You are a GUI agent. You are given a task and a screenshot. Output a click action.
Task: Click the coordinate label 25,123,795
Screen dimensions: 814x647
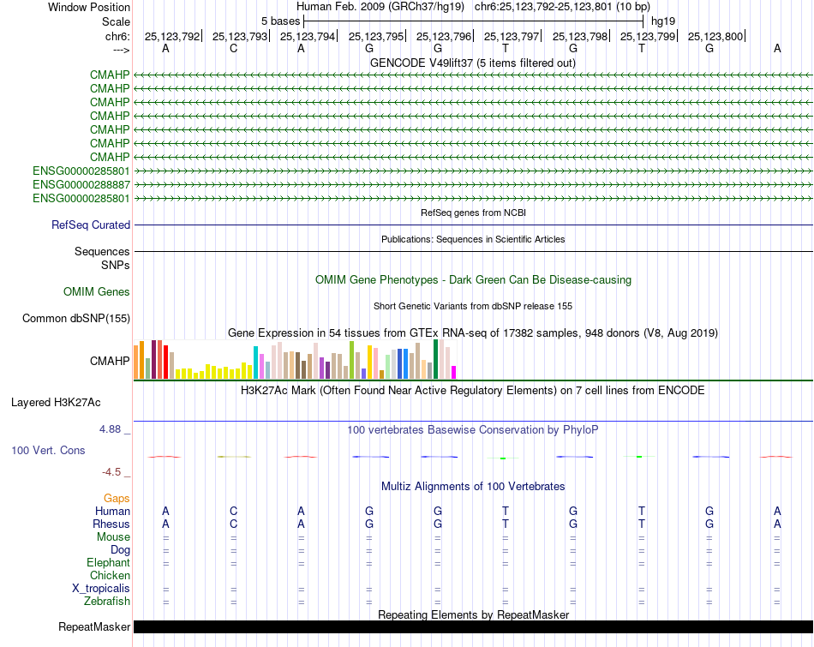point(376,36)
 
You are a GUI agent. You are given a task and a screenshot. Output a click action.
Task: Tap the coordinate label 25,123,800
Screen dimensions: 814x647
point(715,36)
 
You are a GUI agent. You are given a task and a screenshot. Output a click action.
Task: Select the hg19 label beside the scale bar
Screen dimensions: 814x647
point(663,21)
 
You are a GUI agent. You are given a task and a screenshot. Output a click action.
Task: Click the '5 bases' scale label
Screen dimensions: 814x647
point(280,21)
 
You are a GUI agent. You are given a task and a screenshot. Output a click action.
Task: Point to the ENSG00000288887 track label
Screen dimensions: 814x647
point(81,185)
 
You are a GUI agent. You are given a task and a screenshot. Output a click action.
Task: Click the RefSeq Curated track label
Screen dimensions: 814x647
point(91,225)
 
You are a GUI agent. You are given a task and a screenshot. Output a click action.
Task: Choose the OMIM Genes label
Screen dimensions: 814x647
point(97,292)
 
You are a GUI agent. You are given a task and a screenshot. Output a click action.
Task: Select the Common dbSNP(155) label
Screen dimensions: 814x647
point(76,318)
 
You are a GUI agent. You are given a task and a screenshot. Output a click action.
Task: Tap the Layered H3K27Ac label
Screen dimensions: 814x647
point(56,403)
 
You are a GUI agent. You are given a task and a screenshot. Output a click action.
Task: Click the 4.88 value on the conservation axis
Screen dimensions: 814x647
point(110,429)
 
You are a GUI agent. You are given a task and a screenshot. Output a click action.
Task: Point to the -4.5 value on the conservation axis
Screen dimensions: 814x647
point(111,472)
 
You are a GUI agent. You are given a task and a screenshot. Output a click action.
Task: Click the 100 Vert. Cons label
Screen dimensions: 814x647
point(48,450)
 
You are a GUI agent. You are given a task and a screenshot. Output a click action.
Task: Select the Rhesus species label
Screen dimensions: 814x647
point(111,524)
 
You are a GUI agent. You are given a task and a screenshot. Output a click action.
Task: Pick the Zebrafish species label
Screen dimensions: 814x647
point(107,602)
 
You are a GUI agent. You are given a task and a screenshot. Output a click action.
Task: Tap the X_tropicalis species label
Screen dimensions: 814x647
point(101,589)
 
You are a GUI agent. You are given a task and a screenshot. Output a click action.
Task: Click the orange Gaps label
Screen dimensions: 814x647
point(117,499)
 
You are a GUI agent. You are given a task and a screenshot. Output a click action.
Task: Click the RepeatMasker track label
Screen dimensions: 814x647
point(94,626)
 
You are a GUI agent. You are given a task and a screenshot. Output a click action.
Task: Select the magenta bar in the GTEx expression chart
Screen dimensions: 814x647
point(454,372)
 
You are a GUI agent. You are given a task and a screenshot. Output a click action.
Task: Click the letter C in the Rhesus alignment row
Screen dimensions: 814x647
point(234,524)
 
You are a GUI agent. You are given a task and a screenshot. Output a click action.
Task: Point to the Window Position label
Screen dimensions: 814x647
point(89,7)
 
